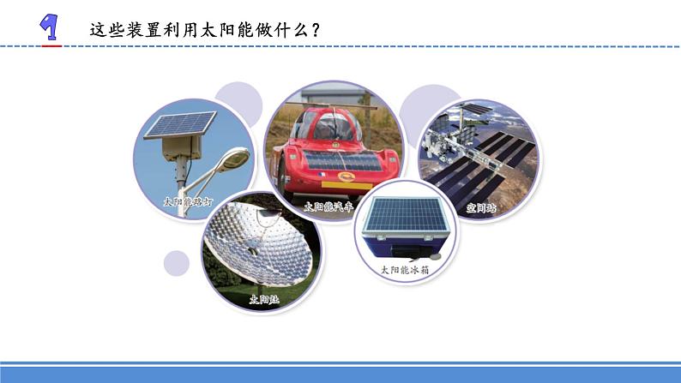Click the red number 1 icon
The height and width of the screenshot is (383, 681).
point(51,27)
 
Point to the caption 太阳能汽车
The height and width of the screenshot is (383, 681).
point(328,206)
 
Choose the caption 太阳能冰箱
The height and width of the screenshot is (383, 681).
point(405,269)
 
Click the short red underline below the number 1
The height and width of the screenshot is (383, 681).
point(52,44)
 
